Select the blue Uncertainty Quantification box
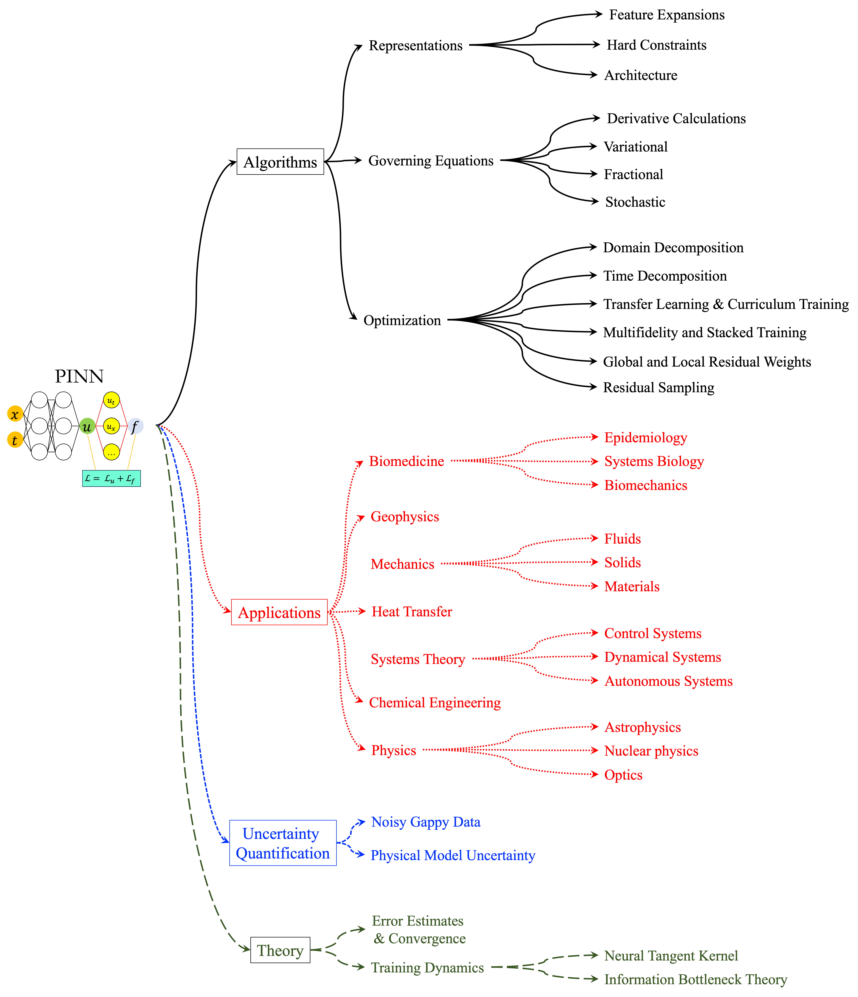[283, 843]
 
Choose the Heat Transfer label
[412, 612]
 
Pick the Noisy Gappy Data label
[426, 822]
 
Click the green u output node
[87, 426]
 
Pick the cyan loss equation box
[111, 478]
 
